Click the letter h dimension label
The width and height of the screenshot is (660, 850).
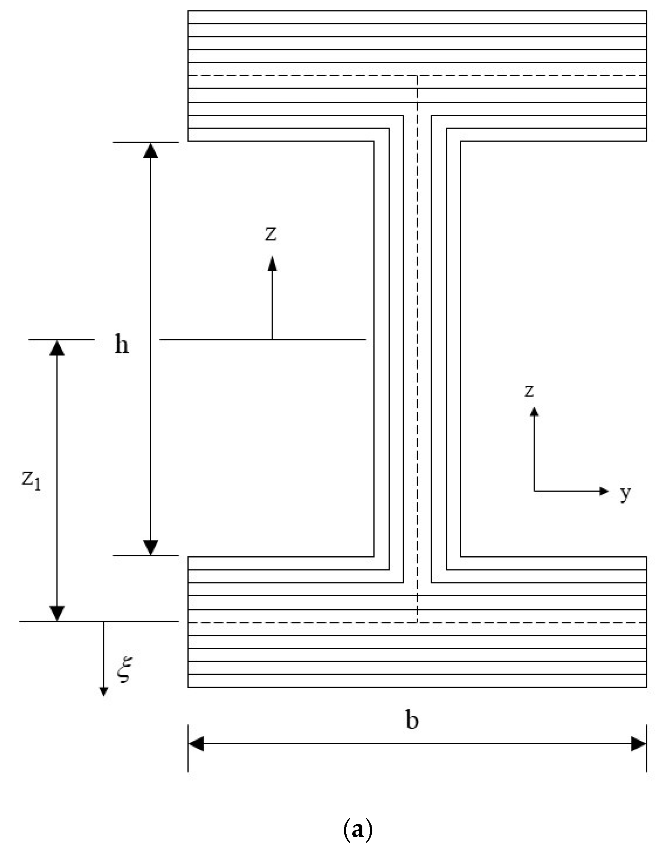[121, 344]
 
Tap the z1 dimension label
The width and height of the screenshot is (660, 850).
[31, 479]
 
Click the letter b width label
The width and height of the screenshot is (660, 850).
[412, 720]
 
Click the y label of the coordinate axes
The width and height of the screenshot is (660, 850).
[625, 493]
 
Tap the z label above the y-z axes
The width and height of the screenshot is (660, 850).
[529, 391]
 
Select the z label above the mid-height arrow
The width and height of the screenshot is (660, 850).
[271, 234]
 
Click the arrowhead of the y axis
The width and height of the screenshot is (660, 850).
[604, 491]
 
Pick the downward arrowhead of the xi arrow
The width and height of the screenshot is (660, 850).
[104, 691]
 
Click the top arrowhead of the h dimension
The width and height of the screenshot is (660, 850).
[150, 151]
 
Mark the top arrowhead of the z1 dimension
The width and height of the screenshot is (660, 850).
[57, 348]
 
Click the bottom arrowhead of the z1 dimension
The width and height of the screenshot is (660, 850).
[57, 613]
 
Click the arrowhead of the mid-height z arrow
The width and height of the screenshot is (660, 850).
[272, 263]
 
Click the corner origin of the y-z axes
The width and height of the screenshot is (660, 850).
[534, 491]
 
